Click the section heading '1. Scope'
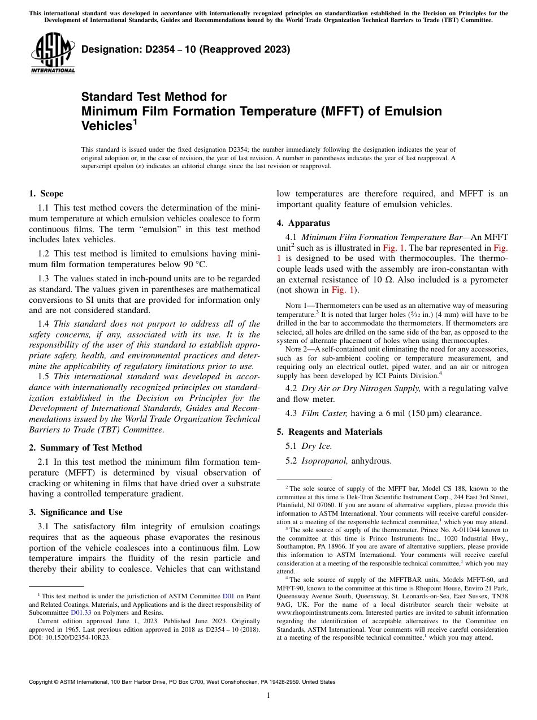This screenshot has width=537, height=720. [46, 194]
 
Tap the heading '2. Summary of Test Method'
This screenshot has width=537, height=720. [85, 447]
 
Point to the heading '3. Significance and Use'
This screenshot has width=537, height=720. [75, 512]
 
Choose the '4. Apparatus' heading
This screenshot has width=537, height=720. [303, 223]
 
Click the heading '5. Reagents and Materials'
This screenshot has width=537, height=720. [329, 432]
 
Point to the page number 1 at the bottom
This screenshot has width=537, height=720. [268, 696]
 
